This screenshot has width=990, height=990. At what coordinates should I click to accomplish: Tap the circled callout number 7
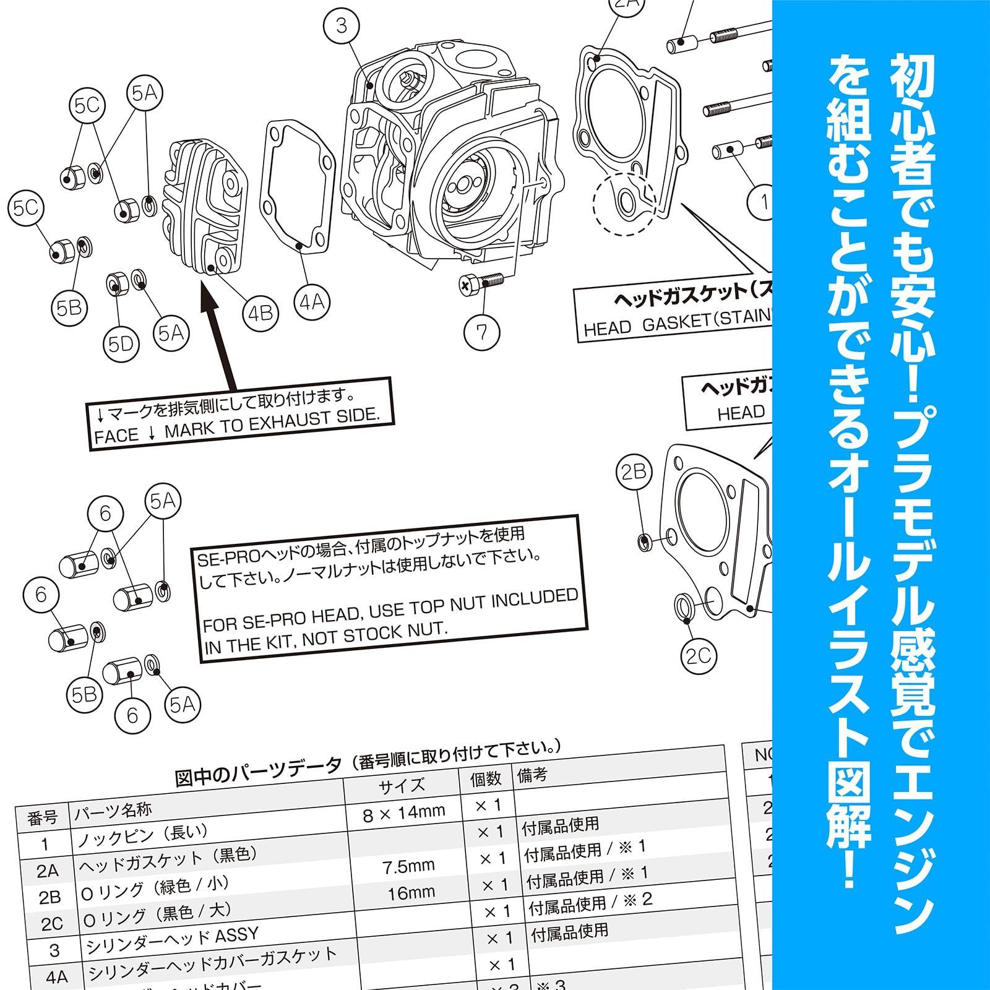click(481, 332)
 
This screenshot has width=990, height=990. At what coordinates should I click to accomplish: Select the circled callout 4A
click(312, 302)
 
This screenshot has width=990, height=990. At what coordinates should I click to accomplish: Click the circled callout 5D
click(121, 343)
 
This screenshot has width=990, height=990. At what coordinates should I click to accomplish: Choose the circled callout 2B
click(634, 472)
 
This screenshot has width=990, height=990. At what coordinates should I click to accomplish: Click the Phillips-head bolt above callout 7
click(481, 283)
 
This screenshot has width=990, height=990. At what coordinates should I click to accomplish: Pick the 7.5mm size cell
click(407, 865)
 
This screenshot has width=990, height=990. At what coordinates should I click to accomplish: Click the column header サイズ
click(402, 785)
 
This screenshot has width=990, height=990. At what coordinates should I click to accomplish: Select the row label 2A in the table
click(47, 871)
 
